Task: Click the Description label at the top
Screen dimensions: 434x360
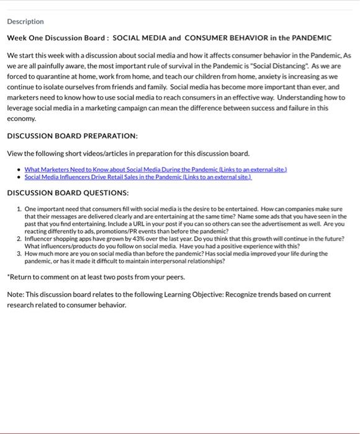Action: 25,22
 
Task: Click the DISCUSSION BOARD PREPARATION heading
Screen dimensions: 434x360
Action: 72,136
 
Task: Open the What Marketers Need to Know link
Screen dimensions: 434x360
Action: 155,169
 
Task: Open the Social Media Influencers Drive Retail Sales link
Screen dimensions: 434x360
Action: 138,177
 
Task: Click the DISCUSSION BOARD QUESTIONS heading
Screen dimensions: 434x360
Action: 68,193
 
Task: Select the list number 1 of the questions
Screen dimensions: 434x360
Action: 19,209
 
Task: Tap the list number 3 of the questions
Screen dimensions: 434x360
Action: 19,254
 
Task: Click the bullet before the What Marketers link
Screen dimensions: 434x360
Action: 19,169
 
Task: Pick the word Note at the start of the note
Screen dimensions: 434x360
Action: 16,294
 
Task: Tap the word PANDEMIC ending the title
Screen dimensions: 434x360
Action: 310,38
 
